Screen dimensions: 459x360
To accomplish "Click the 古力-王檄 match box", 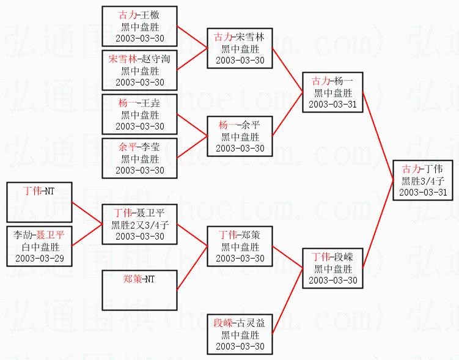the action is pos(140,26).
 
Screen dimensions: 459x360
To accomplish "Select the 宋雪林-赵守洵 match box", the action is pos(140,70).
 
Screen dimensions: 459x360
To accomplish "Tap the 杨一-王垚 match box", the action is pos(140,114).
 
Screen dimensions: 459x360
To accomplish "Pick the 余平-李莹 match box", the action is pos(140,158).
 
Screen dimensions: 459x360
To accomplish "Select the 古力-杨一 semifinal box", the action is pos(333,92).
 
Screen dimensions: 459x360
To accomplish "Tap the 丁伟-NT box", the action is pos(39,202).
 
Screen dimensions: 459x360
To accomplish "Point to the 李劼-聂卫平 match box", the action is pos(39,246).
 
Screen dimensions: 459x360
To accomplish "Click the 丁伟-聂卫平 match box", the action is pos(140,224).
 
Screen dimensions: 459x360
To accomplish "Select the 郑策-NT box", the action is pos(140,290).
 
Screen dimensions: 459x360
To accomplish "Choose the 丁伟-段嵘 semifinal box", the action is pos(333,268).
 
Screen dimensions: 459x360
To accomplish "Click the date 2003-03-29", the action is pos(39,258).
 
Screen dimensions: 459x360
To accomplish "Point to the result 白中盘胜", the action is pos(39,246).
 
